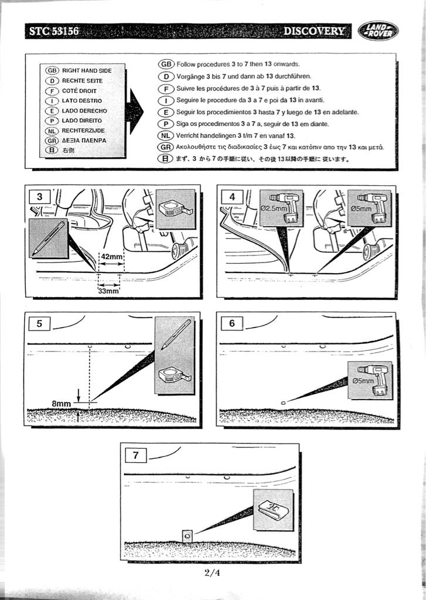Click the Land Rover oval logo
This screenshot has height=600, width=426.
[378, 30]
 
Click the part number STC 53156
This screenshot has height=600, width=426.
[53, 31]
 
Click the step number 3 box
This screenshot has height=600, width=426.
[39, 197]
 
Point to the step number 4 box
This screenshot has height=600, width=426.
[232, 197]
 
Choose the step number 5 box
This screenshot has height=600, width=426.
[39, 323]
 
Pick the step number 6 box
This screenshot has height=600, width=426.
[232, 323]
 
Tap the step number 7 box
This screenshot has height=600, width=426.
[135, 455]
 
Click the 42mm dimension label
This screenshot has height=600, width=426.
[112, 257]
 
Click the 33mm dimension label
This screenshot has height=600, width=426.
[108, 291]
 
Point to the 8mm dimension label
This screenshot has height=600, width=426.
[60, 404]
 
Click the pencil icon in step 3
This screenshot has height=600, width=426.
[48, 238]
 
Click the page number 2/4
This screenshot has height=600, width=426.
[213, 573]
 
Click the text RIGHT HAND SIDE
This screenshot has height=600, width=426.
[86, 70]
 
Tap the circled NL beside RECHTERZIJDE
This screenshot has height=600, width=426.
[52, 131]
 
